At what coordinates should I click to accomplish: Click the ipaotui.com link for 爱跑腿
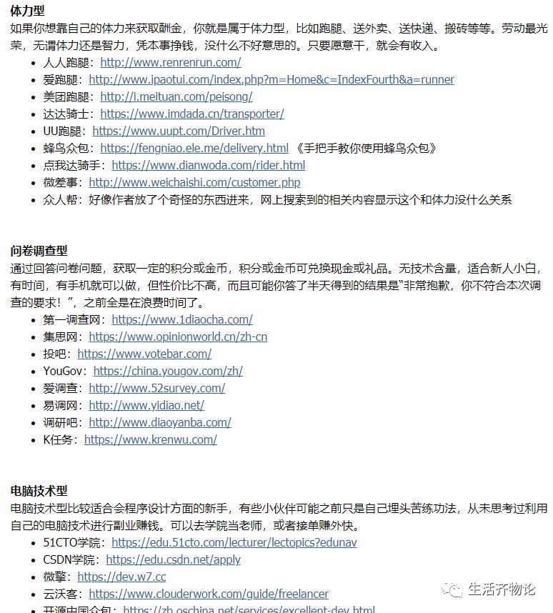(271, 79)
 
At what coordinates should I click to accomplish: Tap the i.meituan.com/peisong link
(176, 96)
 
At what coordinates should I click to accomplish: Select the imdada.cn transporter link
(191, 114)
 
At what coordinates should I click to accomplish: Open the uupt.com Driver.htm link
(179, 131)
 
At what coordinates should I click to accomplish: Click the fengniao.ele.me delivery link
(194, 148)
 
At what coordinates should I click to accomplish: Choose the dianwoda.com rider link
(208, 165)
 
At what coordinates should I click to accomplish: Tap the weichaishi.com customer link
(194, 182)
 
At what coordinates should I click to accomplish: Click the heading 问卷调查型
(39, 250)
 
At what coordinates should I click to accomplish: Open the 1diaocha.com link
(181, 319)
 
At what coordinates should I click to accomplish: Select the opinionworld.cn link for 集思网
(178, 337)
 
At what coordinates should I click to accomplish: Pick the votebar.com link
(144, 354)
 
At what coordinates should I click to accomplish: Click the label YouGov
(64, 371)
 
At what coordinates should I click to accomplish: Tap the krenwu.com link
(150, 439)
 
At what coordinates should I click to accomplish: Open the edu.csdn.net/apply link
(173, 559)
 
